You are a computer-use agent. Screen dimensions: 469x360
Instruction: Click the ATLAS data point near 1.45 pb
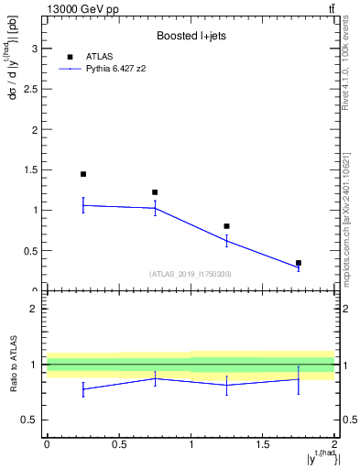[83, 174]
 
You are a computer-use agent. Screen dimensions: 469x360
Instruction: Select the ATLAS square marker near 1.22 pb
[155, 192]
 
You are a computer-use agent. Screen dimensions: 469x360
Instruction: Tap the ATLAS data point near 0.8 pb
[226, 226]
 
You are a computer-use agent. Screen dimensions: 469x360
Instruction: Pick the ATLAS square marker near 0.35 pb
[299, 263]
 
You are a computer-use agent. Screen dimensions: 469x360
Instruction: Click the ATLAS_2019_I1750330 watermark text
[191, 274]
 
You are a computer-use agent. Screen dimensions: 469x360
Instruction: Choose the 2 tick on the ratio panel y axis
[38, 309]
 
